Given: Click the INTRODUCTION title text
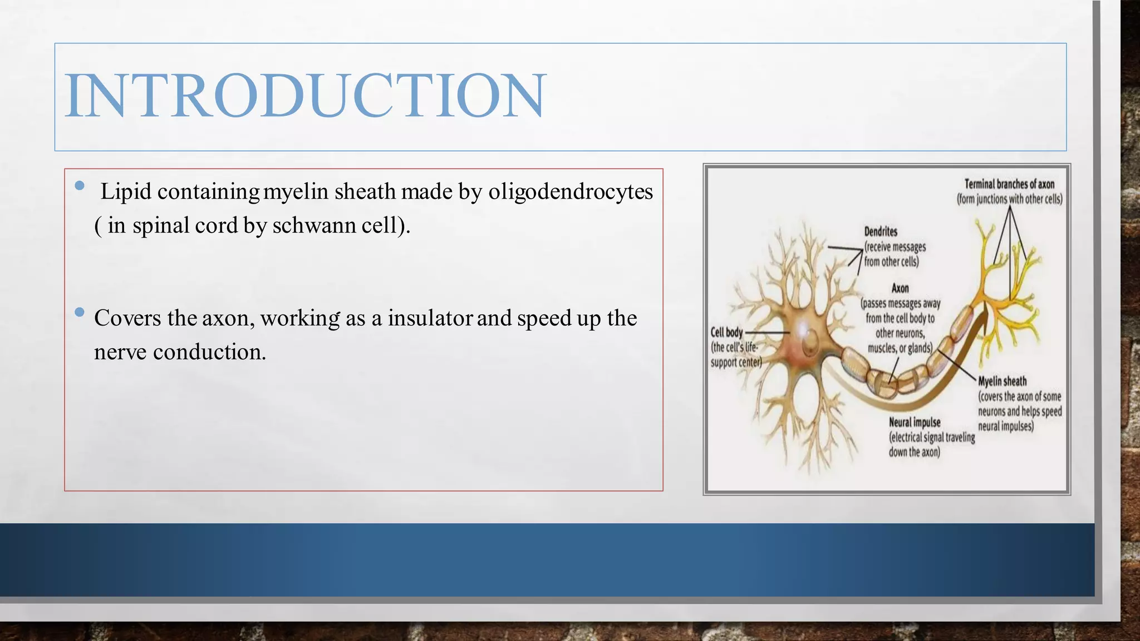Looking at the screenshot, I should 305,96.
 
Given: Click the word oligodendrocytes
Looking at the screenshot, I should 571,192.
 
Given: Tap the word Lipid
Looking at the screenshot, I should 126,192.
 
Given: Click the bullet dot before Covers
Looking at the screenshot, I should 80,312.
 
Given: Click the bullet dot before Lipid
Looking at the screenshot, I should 80,185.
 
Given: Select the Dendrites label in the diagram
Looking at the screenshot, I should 881,231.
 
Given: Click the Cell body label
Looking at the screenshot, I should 726,332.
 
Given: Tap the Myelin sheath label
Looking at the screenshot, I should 1002,381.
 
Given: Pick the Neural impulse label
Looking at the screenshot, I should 915,422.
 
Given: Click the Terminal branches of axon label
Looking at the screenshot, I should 1009,184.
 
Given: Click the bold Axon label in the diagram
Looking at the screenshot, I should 900,288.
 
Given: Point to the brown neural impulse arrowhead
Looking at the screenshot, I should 982,320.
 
